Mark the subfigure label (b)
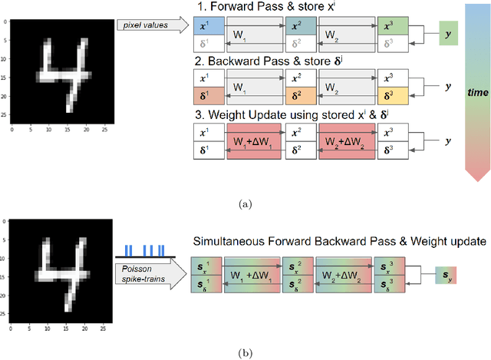click(245, 352)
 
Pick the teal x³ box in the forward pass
click(393, 26)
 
